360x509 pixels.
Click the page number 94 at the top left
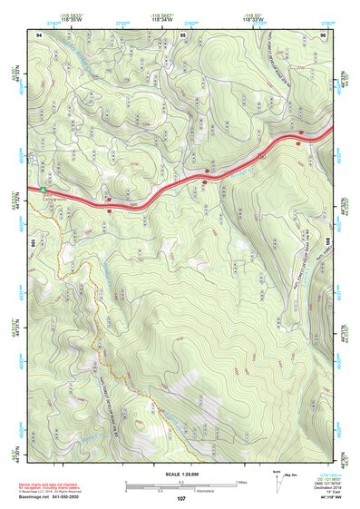click(x=39, y=34)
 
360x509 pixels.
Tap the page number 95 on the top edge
click(x=183, y=34)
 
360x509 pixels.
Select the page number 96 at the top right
click(x=324, y=34)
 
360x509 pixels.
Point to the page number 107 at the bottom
click(x=181, y=499)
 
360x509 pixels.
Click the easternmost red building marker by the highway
click(x=300, y=141)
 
